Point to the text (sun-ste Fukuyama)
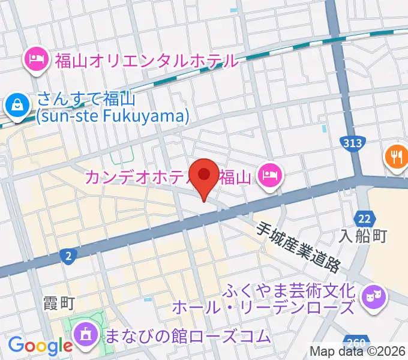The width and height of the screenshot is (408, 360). click(x=112, y=115)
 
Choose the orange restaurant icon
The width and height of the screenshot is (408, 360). click(x=395, y=157)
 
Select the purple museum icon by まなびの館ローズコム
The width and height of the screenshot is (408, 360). click(x=85, y=334)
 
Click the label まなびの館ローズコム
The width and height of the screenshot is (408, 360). click(x=187, y=336)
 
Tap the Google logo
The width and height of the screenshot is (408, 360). click(x=40, y=346)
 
